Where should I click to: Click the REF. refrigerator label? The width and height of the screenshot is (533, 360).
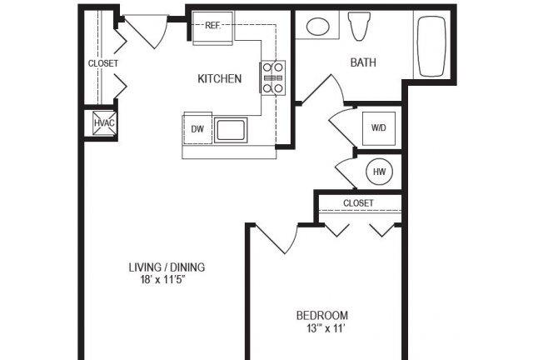[x=212, y=25]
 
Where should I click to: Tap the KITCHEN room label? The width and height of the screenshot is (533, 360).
[x=219, y=79]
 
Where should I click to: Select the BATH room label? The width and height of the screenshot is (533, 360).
[x=363, y=62]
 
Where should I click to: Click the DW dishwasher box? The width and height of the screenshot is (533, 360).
[x=197, y=129]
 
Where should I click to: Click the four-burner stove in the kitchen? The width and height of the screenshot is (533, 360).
[x=274, y=77]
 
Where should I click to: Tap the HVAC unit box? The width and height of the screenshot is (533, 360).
[x=103, y=123]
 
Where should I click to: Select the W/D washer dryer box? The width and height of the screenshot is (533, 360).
[x=378, y=127]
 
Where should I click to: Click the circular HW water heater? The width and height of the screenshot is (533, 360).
[x=379, y=172]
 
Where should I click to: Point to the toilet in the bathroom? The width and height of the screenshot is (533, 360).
[x=360, y=27]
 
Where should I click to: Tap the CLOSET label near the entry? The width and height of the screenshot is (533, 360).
[x=103, y=63]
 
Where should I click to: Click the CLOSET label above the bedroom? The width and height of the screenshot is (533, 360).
[x=358, y=203]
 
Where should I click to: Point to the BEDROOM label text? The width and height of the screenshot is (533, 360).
[x=322, y=316]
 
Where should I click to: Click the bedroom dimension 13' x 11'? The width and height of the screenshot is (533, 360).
[x=322, y=328]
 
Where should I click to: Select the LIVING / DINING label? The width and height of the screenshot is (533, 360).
[x=167, y=267]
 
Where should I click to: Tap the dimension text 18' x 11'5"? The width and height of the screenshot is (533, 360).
[x=167, y=280]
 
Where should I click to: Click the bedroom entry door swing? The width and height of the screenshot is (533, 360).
[x=279, y=237]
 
